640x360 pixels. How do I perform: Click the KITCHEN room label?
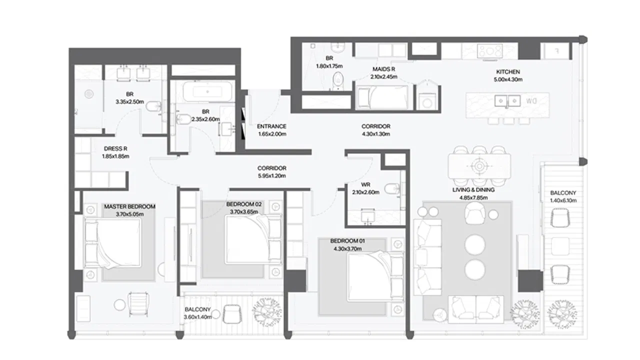[508, 72]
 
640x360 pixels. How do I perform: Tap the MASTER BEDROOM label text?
[129, 206]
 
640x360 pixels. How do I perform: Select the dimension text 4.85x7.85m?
[473, 197]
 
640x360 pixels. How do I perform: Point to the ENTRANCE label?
[271, 126]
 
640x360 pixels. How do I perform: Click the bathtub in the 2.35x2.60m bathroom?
[207, 91]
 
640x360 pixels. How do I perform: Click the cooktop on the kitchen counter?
[490, 51]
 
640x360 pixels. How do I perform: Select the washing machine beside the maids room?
[427, 101]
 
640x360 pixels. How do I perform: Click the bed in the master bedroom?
[113, 243]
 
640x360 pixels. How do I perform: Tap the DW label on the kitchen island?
[531, 101]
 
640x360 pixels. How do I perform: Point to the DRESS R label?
[115, 148]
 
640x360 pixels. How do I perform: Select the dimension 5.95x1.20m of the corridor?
[271, 176]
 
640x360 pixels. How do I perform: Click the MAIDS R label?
[383, 69]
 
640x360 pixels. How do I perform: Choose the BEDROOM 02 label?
[243, 204]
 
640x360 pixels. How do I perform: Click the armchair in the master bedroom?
[138, 304]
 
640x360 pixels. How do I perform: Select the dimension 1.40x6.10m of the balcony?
[563, 200]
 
